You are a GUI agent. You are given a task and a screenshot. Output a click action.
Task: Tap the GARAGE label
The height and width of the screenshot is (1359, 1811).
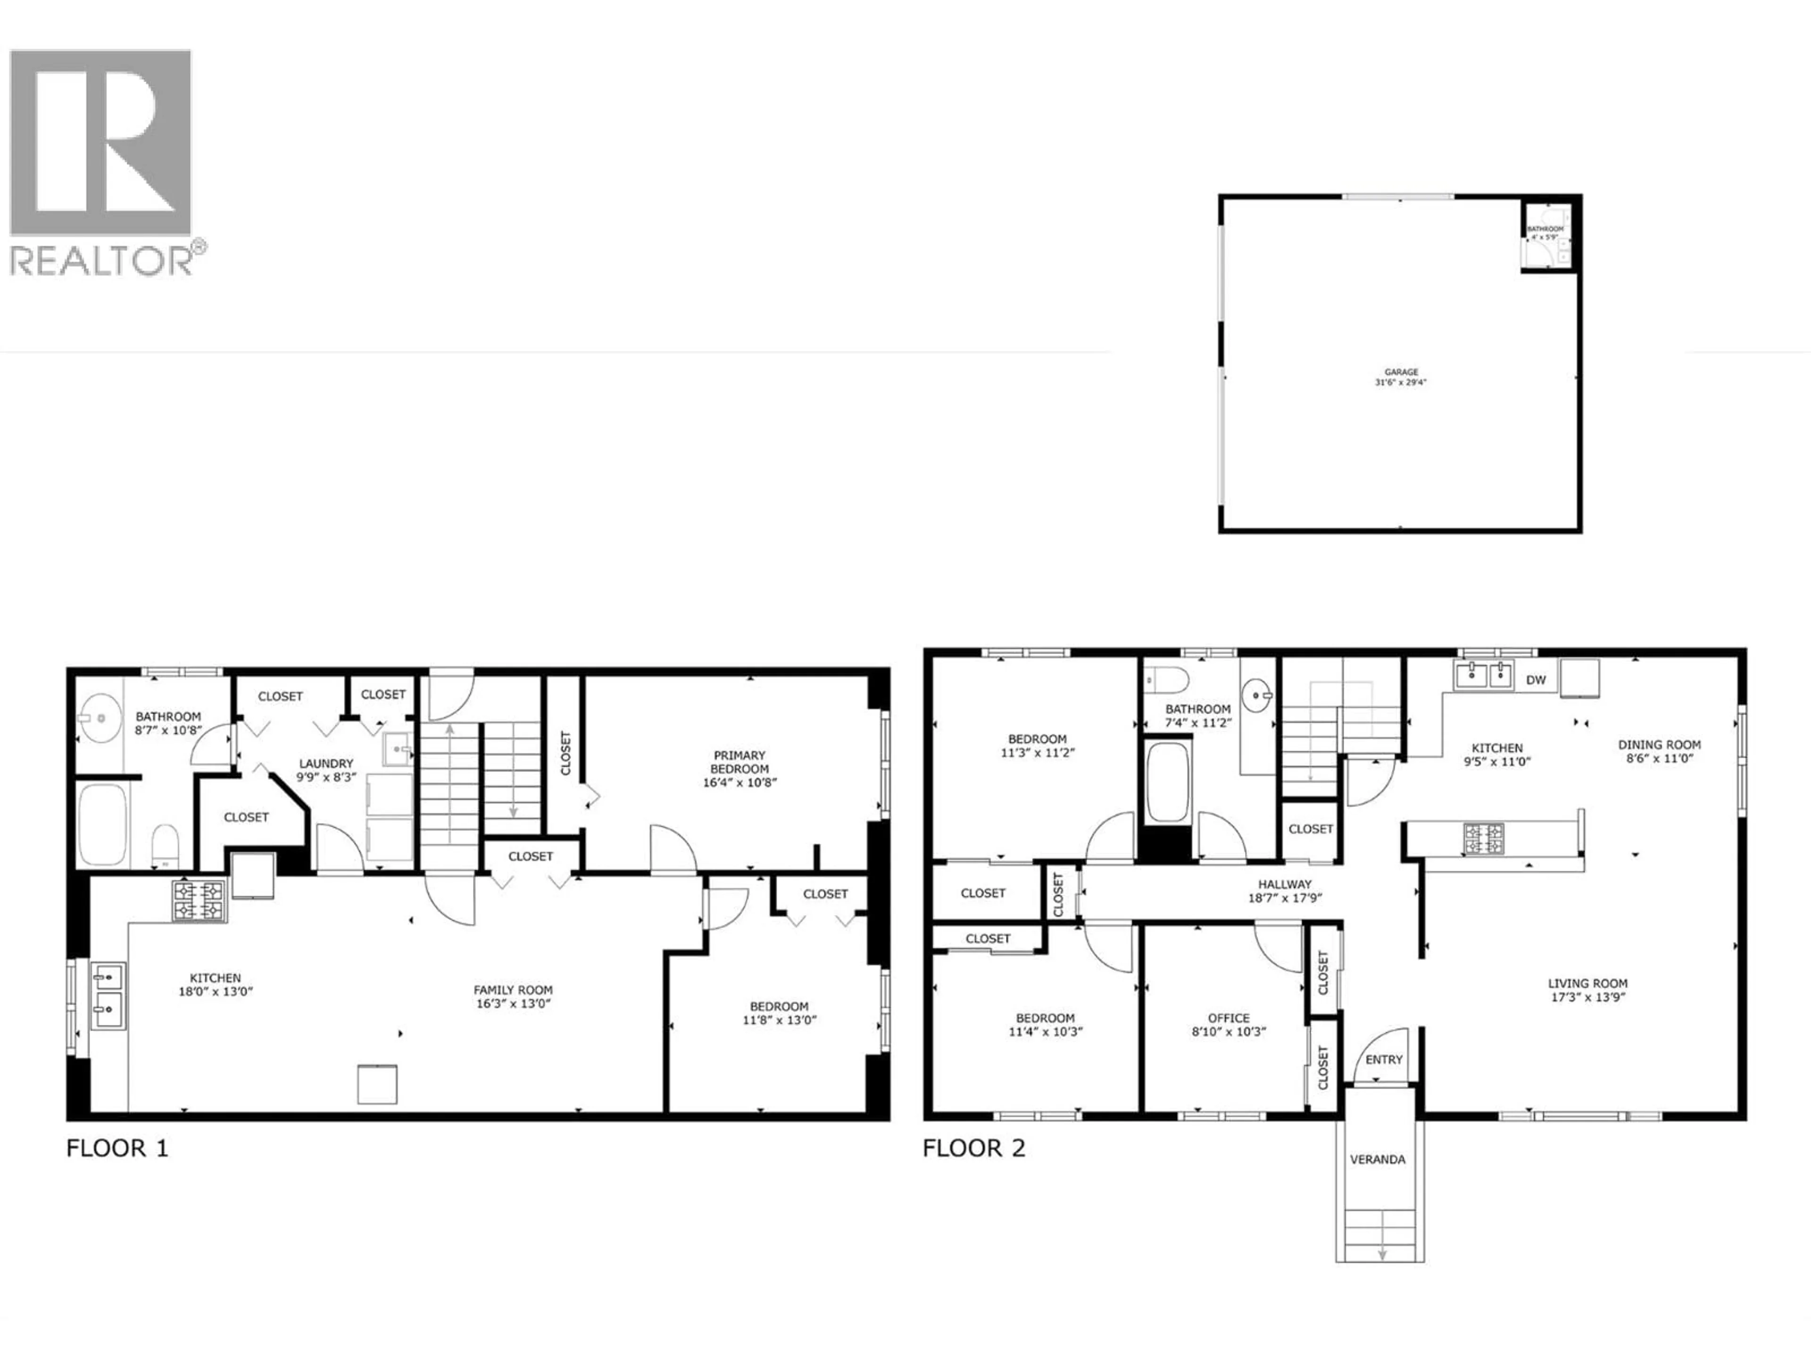[x=1401, y=372]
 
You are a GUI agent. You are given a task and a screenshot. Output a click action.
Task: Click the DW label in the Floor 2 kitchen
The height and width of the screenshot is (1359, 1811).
[x=1536, y=680]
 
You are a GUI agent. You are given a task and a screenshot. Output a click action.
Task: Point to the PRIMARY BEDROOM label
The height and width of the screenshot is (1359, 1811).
[x=739, y=762]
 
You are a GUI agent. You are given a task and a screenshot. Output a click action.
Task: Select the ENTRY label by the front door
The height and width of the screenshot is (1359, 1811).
[x=1384, y=1059]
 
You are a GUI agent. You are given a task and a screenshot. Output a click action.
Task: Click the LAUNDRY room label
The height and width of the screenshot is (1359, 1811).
[x=326, y=763]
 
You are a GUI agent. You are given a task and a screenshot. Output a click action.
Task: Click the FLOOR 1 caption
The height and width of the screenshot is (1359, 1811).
[x=117, y=1149]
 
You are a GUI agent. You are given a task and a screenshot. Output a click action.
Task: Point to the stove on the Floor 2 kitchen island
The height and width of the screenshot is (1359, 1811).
[x=1484, y=839]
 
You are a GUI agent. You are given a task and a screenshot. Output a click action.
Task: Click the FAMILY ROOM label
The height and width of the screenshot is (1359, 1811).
[x=513, y=990]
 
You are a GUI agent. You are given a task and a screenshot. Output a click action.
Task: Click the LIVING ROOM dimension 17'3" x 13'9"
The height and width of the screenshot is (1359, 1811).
[x=1587, y=998]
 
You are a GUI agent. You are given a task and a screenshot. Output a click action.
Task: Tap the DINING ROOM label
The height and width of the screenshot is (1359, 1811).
[x=1659, y=745]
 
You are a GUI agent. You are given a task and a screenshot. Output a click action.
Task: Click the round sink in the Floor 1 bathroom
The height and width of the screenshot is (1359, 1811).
[x=101, y=718]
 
